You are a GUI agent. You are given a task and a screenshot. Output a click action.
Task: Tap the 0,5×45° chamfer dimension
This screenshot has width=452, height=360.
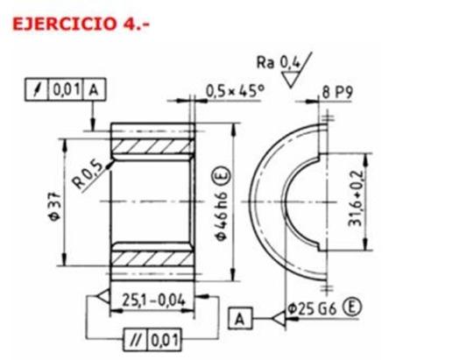click(235, 89)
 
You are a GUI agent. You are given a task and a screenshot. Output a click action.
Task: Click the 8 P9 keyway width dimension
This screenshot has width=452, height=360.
click(353, 89)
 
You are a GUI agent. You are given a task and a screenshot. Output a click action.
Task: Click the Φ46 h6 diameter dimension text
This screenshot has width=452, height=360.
click(222, 207)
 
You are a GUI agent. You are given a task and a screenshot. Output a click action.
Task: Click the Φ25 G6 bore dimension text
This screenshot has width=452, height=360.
click(310, 309)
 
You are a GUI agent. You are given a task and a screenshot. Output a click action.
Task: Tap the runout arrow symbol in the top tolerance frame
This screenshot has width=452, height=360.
click(35, 89)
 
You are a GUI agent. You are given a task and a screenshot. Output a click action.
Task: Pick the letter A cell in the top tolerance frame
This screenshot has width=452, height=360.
click(93, 89)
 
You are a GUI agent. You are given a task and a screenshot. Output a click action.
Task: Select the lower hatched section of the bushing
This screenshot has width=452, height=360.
click(152, 261)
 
